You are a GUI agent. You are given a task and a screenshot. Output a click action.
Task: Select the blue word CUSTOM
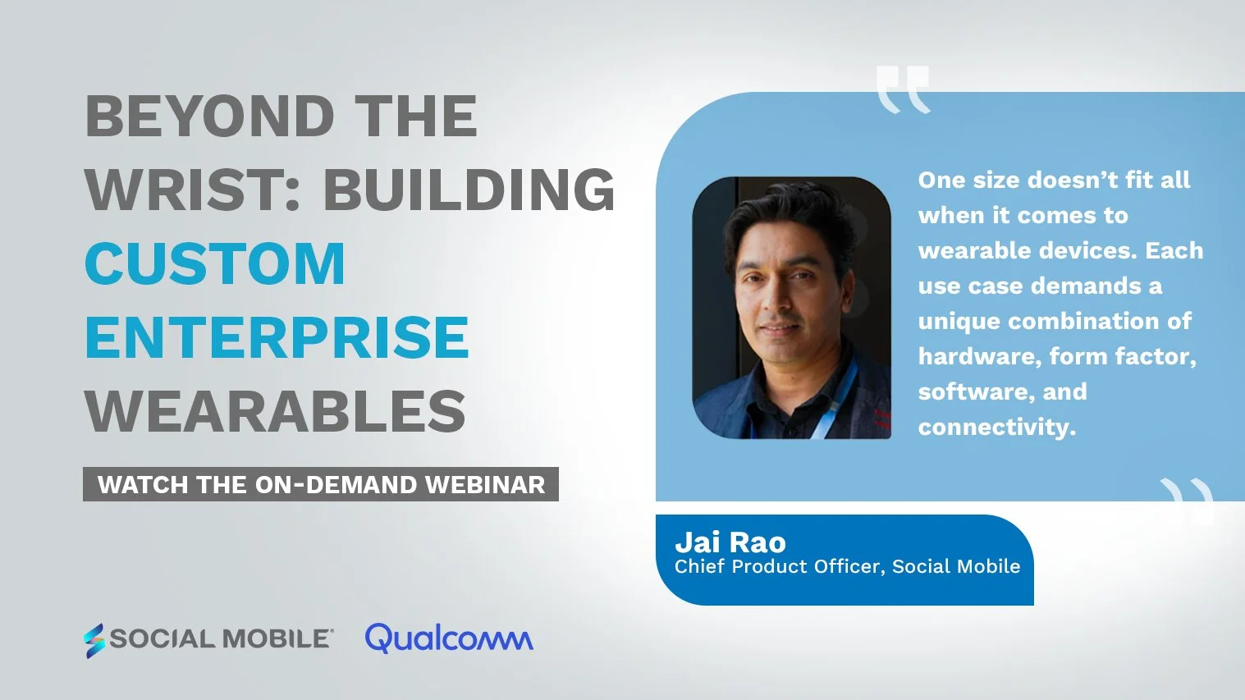215,263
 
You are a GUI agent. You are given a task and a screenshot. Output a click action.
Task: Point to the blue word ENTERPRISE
277,337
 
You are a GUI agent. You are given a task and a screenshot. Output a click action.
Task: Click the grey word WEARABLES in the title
275,411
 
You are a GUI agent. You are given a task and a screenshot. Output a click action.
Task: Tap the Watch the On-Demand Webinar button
321,484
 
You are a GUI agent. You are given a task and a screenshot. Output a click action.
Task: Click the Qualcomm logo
449,638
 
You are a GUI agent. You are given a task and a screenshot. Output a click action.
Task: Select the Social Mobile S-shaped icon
94,640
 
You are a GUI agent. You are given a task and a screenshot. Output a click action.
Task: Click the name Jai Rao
730,542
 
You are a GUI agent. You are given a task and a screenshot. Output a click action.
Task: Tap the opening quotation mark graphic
903,89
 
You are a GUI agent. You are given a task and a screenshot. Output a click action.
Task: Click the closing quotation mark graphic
1187,500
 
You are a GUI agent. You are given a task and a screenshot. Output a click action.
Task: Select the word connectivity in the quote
996,428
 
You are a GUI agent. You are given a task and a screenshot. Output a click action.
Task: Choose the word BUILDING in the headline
469,190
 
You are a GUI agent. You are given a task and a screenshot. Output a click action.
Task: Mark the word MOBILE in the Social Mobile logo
275,638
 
